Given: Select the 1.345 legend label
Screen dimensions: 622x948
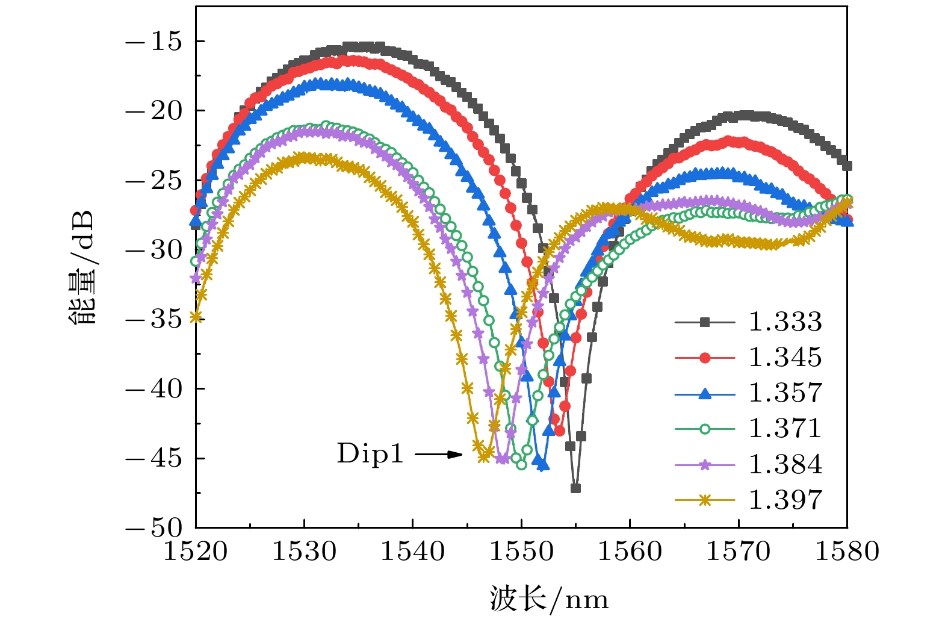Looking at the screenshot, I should pyautogui.click(x=784, y=358).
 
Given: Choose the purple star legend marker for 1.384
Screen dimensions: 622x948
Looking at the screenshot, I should pyautogui.click(x=705, y=465).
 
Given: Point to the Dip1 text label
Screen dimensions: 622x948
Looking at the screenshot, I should pyautogui.click(x=370, y=453).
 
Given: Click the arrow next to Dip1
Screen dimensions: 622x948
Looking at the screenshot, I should pyautogui.click(x=438, y=454).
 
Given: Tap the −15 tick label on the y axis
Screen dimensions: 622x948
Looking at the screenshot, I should pyautogui.click(x=153, y=42).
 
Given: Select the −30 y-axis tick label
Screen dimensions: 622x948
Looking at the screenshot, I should pyautogui.click(x=153, y=250).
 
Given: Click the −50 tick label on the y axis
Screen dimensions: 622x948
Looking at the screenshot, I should pyautogui.click(x=153, y=528).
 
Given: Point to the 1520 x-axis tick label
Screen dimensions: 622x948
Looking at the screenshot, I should pyautogui.click(x=196, y=552).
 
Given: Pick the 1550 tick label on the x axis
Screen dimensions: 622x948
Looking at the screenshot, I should pyautogui.click(x=521, y=552).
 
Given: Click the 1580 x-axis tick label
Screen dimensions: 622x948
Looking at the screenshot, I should pyautogui.click(x=846, y=552).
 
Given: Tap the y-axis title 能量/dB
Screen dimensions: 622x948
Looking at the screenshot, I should pyautogui.click(x=82, y=268).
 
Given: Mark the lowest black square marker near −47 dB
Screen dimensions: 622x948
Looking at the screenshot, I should pyautogui.click(x=575, y=488).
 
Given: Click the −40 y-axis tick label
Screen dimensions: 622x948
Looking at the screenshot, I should pyautogui.click(x=153, y=389).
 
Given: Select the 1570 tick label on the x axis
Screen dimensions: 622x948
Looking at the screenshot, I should pyautogui.click(x=738, y=552).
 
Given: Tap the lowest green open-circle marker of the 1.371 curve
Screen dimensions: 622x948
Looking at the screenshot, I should pyautogui.click(x=521, y=464).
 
